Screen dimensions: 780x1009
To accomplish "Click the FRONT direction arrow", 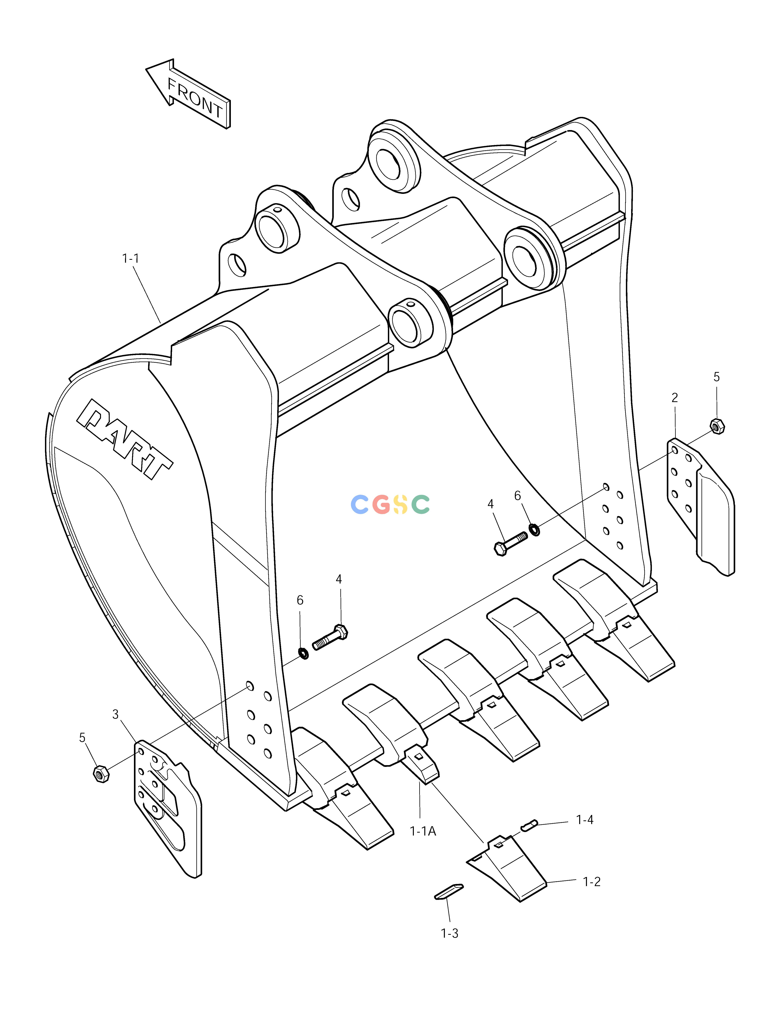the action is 188,94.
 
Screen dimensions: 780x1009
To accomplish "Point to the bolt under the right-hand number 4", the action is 511,543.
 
